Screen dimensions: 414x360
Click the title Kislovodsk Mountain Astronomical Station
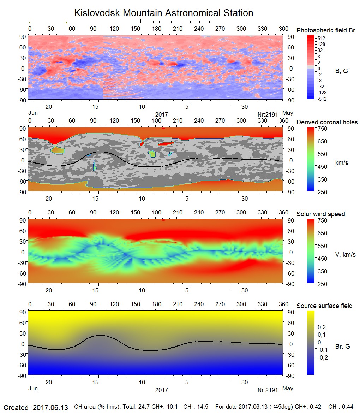click(163, 13)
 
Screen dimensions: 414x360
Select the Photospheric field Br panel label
click(326, 30)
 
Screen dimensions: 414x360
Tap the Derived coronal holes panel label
click(327, 122)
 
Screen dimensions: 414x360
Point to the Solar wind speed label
click(320, 214)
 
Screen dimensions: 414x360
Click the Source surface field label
click(324, 306)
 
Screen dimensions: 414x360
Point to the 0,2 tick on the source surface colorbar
click(321, 327)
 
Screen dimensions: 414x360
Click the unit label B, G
click(341, 71)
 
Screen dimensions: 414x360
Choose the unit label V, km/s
click(345, 255)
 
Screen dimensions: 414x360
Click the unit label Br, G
click(342, 347)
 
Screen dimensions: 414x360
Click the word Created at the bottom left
click(16, 408)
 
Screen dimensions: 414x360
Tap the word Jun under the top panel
click(32, 113)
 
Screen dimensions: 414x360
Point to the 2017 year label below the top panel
click(161, 114)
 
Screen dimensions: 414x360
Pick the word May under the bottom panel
click(288, 389)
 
